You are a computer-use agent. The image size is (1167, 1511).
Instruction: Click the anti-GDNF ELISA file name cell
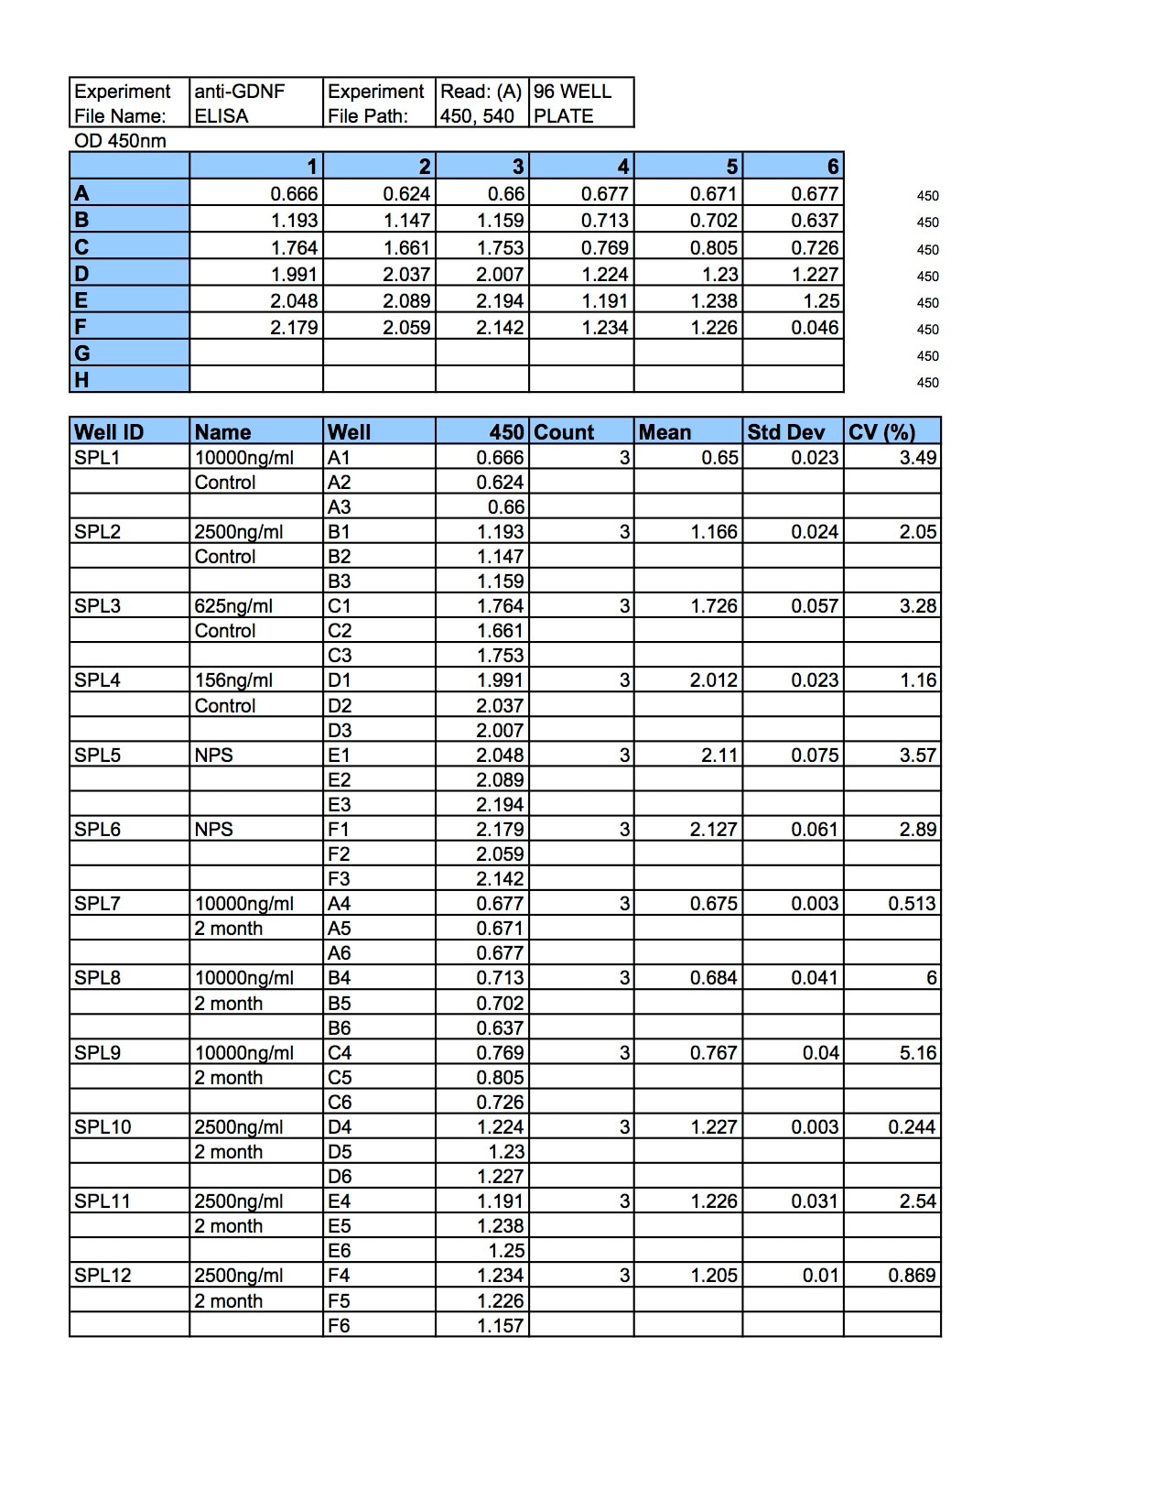[240, 103]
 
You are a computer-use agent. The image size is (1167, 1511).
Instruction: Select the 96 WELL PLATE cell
[572, 103]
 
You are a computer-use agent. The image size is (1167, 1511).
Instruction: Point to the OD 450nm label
[120, 141]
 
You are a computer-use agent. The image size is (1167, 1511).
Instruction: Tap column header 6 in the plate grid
[832, 167]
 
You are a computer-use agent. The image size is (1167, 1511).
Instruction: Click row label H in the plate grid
[82, 380]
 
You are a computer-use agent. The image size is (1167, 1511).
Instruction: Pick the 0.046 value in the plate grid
[815, 328]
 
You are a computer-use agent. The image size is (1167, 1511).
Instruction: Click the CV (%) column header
[881, 432]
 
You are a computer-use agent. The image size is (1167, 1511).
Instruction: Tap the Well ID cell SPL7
[97, 904]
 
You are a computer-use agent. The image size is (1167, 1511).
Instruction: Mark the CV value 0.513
[912, 904]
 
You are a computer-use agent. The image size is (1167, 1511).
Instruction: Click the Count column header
[564, 432]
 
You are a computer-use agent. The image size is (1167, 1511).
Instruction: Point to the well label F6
[340, 1325]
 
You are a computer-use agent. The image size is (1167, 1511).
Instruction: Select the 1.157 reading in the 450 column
[500, 1325]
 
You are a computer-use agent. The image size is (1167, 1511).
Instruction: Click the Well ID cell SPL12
[103, 1276]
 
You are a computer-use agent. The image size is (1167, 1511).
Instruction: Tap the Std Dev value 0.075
[815, 755]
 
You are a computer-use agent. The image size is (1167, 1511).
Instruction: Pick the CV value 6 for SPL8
[931, 978]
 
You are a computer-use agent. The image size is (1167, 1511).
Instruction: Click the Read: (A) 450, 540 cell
[481, 103]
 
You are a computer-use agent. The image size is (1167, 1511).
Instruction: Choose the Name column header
[222, 432]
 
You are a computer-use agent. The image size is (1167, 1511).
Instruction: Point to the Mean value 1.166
[713, 532]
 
